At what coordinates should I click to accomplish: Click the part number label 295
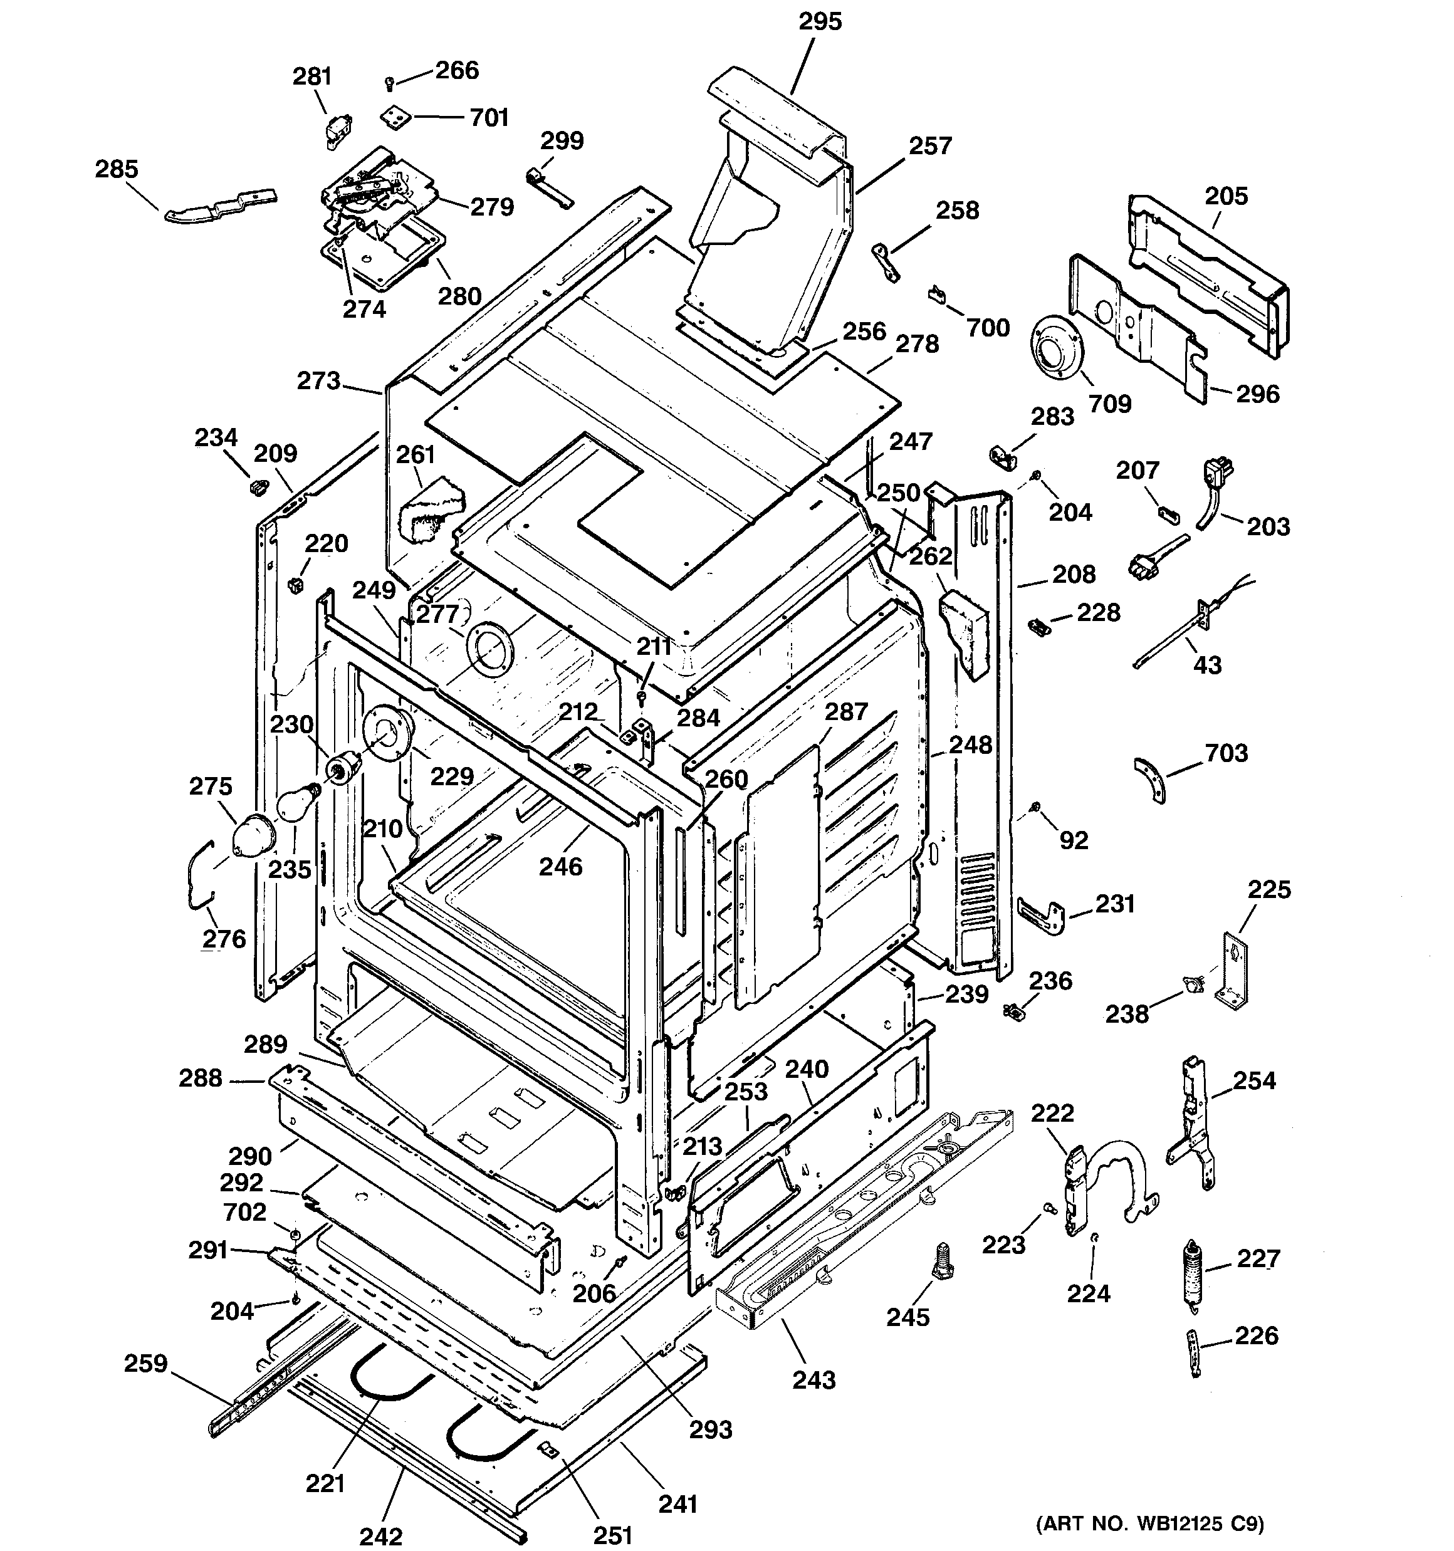(x=820, y=21)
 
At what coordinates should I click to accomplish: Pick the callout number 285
(x=117, y=169)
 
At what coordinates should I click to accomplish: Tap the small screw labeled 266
(x=389, y=82)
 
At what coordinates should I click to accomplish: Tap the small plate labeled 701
(x=397, y=118)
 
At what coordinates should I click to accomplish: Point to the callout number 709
(x=1109, y=404)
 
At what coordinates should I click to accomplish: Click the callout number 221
(x=325, y=1481)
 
